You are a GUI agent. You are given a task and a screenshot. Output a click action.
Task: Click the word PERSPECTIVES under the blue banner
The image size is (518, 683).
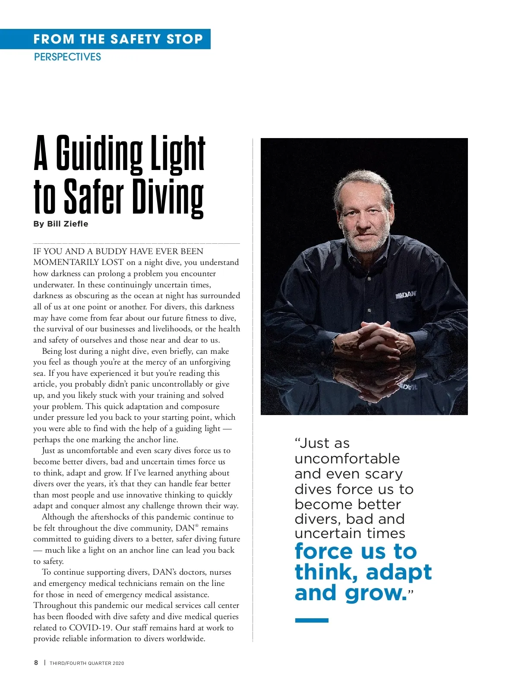tap(67, 57)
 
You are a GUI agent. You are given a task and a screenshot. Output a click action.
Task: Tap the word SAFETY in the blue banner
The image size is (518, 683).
tap(136, 39)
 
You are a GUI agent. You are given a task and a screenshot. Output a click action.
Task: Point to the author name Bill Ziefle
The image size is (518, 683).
tap(67, 224)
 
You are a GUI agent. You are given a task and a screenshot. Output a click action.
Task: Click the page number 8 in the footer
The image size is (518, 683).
tap(36, 663)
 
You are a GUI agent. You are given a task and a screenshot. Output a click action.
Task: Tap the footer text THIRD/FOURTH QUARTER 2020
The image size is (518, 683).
tap(87, 663)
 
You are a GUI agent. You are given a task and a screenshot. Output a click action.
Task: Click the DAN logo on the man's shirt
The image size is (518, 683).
tap(406, 294)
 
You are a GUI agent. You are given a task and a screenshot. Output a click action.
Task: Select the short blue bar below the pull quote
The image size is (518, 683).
tap(312, 620)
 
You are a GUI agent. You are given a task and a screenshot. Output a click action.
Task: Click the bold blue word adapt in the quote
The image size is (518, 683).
tap(399, 572)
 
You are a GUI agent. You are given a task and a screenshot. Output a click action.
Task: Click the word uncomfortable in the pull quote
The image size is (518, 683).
tap(347, 459)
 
